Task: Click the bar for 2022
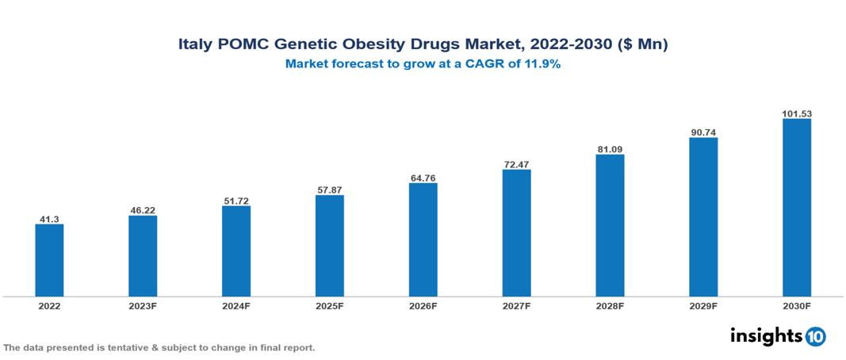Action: (x=49, y=260)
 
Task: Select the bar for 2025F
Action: (x=329, y=246)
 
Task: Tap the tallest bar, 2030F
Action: (x=796, y=208)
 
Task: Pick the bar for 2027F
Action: (x=516, y=233)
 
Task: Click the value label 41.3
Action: (x=49, y=219)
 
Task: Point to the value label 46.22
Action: (x=143, y=210)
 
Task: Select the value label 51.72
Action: (x=236, y=201)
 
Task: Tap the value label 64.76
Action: (x=423, y=178)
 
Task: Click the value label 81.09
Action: (x=610, y=149)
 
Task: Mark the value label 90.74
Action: (x=703, y=132)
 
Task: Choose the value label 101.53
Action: (x=796, y=114)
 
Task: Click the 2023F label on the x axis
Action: (x=143, y=306)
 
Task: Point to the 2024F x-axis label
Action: (x=236, y=306)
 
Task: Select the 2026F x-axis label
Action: (x=423, y=306)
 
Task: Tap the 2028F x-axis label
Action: (x=610, y=306)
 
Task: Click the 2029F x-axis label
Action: (x=703, y=306)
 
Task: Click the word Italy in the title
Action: (x=195, y=45)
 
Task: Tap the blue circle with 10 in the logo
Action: (x=815, y=336)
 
